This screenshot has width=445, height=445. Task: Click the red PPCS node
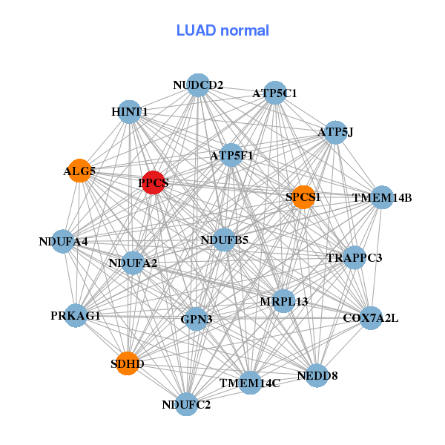(153, 182)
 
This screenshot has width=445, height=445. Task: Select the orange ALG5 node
(79, 171)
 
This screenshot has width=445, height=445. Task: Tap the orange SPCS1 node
(303, 197)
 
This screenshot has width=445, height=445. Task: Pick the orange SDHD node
(128, 363)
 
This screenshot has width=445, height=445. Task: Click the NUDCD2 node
(198, 85)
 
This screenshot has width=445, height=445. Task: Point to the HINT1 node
(130, 111)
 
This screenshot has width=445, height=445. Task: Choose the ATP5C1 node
(275, 93)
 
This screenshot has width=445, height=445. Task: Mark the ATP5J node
(335, 132)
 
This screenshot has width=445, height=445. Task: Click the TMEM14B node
(382, 197)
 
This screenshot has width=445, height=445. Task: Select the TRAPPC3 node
(355, 258)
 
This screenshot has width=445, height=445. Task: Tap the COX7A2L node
(371, 318)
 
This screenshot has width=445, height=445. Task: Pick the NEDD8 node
(317, 375)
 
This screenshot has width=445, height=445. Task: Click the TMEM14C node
(250, 383)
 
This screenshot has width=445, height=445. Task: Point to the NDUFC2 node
(186, 404)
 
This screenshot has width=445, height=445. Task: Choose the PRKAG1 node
(76, 315)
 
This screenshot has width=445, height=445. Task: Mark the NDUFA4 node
(63, 241)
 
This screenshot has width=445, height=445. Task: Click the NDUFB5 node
(224, 240)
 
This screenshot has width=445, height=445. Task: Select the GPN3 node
(197, 319)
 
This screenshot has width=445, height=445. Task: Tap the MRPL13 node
(283, 301)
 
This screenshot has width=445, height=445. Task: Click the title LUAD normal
(222, 30)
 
